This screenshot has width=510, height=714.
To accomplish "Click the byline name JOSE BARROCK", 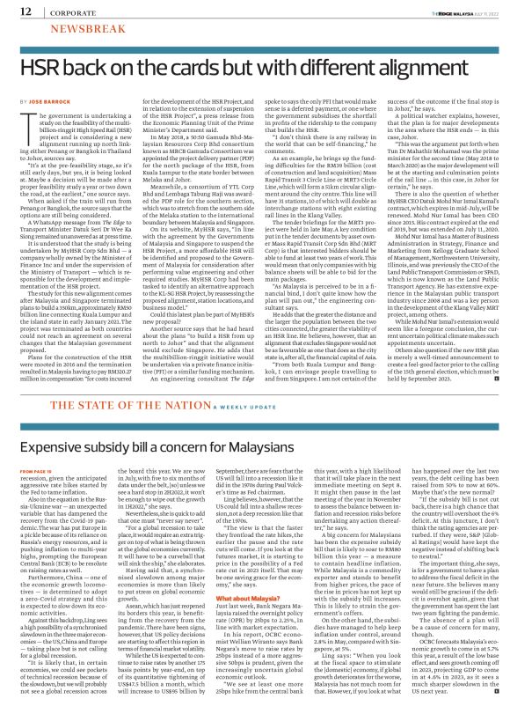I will [53, 102].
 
